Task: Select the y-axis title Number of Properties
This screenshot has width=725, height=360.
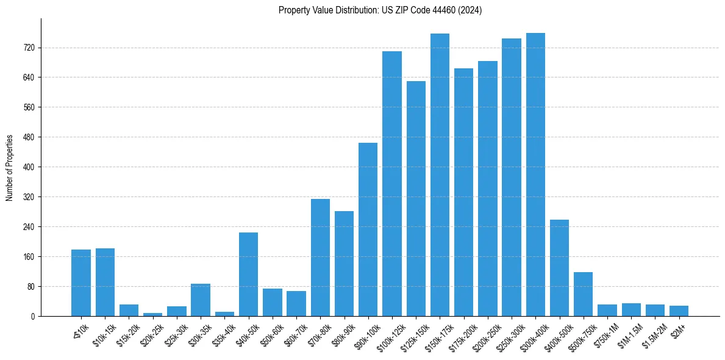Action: (x=10, y=167)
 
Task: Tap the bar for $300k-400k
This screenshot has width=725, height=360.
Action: (x=535, y=175)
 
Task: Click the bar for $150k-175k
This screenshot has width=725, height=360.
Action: (x=440, y=175)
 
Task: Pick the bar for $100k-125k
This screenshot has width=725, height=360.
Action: (x=392, y=184)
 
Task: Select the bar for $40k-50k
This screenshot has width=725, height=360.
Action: (x=248, y=274)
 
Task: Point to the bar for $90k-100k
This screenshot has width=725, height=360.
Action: (x=368, y=229)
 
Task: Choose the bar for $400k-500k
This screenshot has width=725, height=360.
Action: (x=559, y=268)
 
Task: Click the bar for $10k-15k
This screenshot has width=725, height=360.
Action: (x=105, y=282)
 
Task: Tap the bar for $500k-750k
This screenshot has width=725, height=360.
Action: (x=583, y=294)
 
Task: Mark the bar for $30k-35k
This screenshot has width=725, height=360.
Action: (x=201, y=300)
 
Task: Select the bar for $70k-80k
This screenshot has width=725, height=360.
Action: (x=320, y=257)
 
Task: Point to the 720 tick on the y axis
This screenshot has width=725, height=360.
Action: (x=29, y=48)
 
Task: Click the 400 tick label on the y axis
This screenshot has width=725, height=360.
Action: (x=29, y=167)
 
